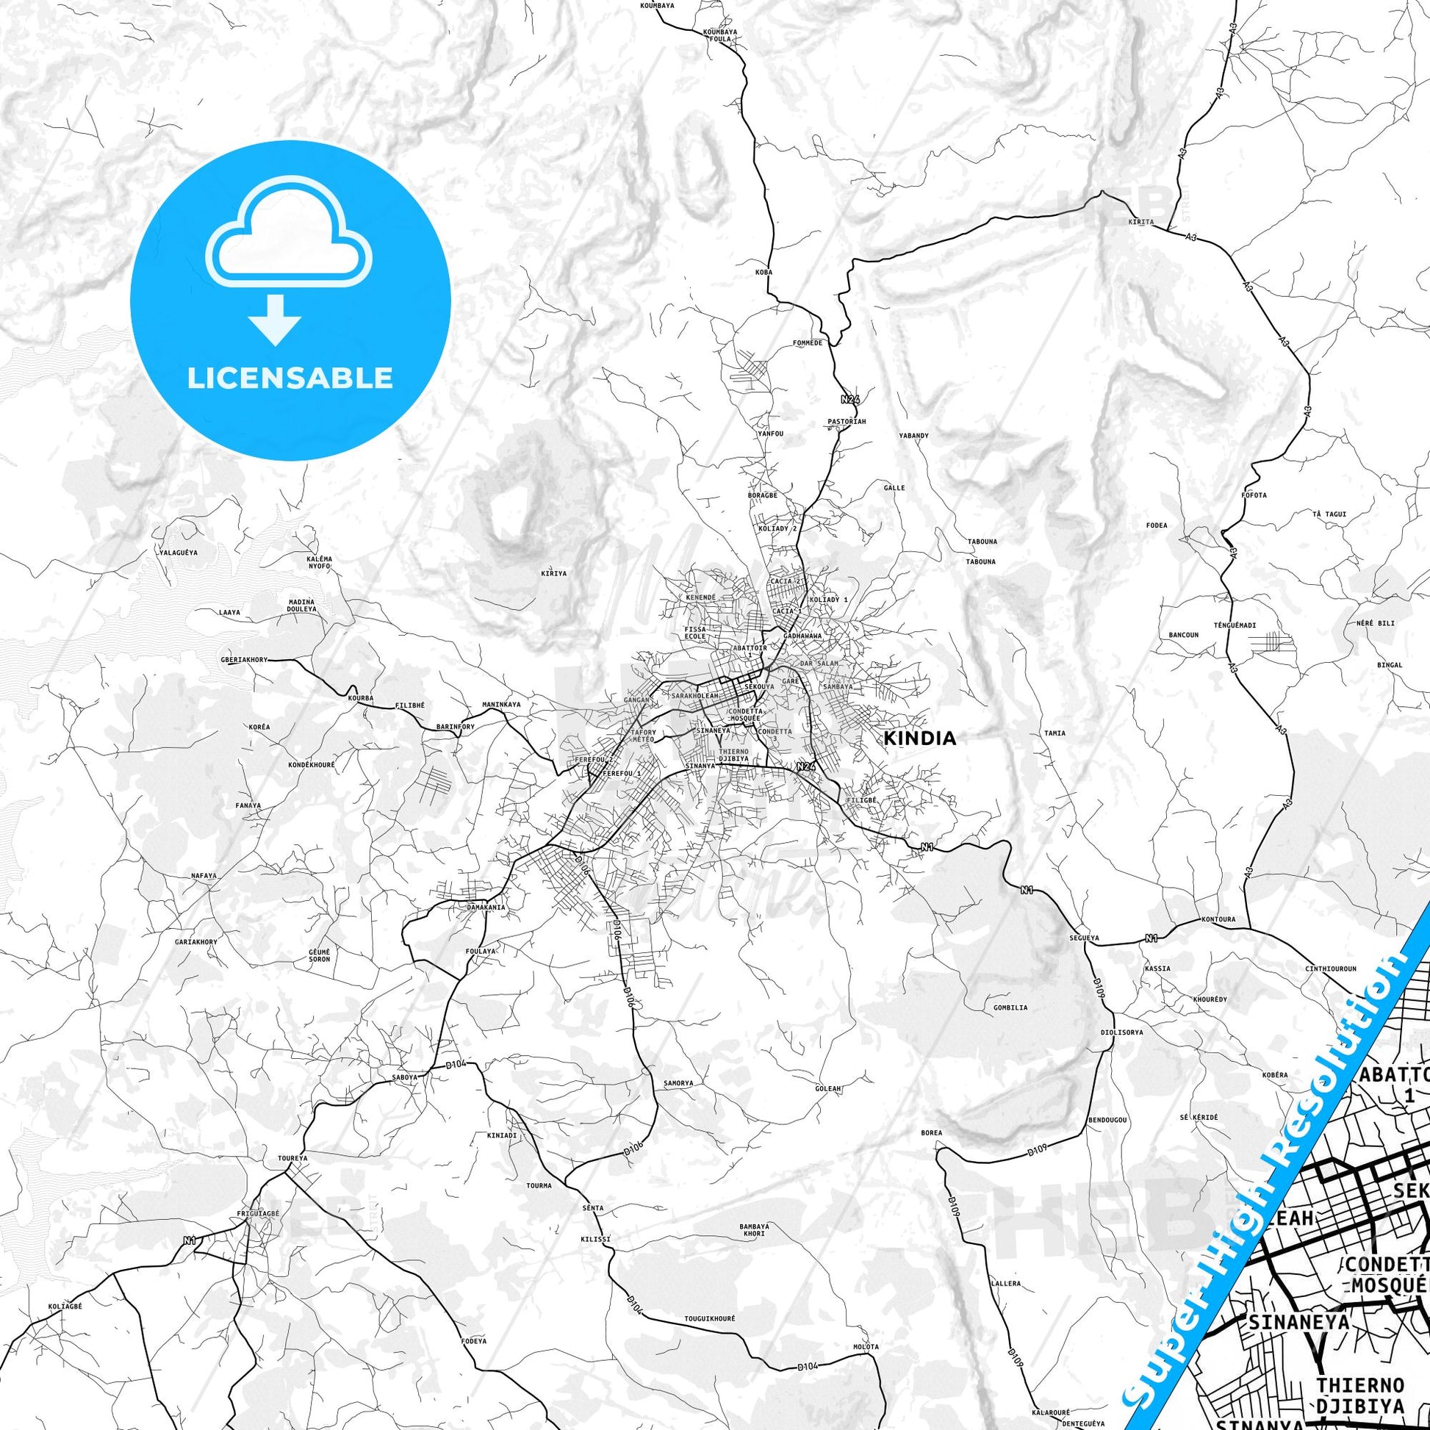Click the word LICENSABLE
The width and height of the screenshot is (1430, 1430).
290,378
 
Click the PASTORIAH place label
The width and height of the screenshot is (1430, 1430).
846,421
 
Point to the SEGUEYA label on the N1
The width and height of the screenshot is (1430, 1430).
1085,938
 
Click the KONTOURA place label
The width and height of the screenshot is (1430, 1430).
1199,921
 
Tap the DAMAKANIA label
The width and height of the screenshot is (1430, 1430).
486,907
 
